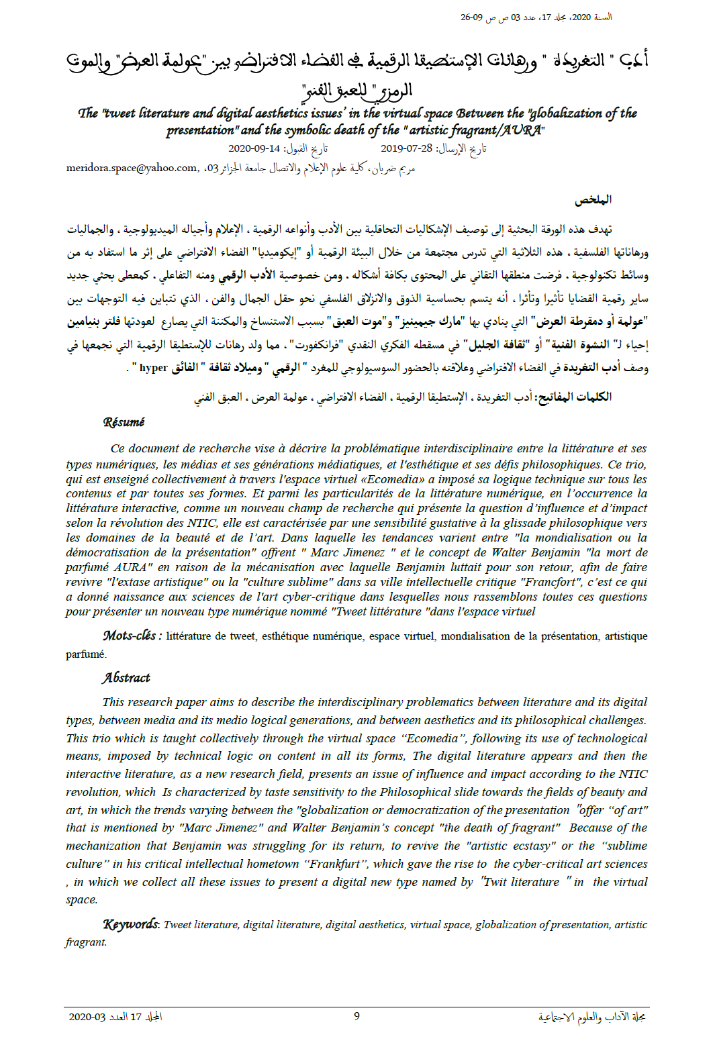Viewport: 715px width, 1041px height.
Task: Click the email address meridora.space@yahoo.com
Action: click(132, 168)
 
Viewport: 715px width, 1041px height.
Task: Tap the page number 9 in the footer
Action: click(356, 1015)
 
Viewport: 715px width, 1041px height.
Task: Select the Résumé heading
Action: click(124, 422)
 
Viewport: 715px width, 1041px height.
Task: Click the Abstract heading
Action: click(126, 678)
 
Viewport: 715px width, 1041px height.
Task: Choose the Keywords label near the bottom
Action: click(131, 924)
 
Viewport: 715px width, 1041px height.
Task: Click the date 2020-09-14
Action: click(254, 148)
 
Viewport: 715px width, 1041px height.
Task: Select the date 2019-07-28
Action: click(406, 148)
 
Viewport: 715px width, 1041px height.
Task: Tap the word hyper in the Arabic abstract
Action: click(153, 367)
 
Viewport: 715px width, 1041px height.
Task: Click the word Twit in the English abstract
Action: click(495, 882)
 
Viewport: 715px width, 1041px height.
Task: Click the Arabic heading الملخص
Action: click(593, 199)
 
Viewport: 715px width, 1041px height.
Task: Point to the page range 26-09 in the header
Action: click(472, 17)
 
